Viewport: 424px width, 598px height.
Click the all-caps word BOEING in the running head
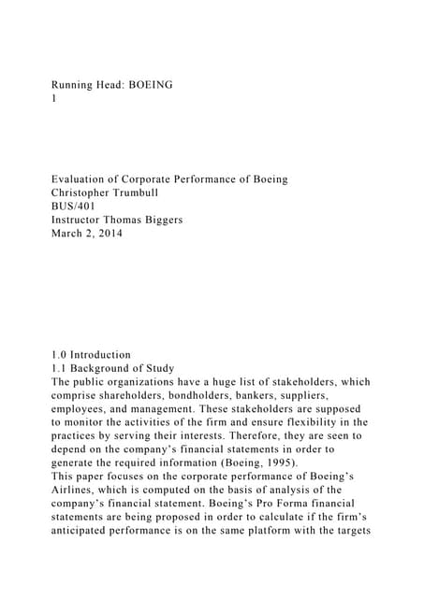pyautogui.click(x=147, y=85)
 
